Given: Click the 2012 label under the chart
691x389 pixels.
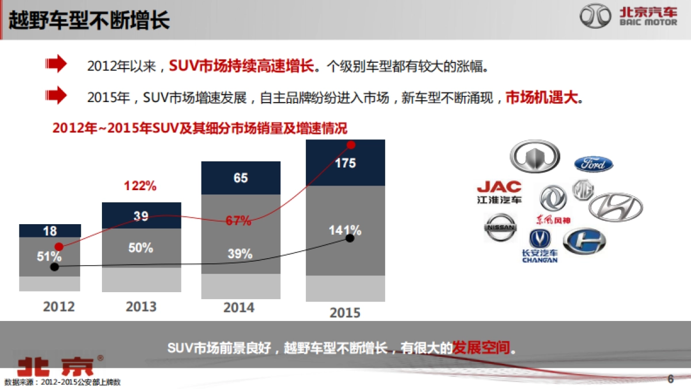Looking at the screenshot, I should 59,306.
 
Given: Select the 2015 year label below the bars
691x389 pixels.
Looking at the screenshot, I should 345,312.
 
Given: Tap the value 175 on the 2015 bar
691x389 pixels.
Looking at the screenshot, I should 345,163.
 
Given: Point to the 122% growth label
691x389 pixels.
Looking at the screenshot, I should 141,186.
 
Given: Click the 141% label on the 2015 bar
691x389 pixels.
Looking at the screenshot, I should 345,231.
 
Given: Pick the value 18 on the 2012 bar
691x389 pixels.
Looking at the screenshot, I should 50,231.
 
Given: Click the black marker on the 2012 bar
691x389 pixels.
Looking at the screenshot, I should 55,267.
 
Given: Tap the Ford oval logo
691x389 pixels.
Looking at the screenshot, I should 593,164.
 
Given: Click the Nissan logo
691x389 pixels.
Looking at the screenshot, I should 499,228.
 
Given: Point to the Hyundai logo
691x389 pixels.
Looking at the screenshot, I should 615,206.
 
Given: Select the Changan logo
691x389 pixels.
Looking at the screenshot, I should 540,246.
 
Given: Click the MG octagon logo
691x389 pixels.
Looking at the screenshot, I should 583,190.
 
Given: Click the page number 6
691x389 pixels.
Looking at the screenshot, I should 670,379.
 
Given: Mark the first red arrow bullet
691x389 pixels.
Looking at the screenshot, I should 56,65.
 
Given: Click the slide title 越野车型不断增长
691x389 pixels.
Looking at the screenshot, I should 89,21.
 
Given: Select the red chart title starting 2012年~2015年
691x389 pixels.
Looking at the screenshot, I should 200,127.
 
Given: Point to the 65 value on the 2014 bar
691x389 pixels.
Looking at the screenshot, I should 241,178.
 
